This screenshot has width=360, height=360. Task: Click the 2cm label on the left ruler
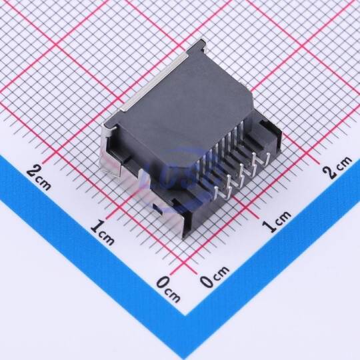39,179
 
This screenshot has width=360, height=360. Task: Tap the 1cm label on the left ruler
102,232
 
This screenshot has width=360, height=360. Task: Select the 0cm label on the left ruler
168,289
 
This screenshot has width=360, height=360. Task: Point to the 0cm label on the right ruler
214,276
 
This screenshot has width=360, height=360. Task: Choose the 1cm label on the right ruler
277,221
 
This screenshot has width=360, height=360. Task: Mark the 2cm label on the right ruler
337,167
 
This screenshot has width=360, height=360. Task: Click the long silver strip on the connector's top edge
156,82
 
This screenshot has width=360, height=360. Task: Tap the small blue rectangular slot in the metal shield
158,209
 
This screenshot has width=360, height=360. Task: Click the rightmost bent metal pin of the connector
265,159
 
